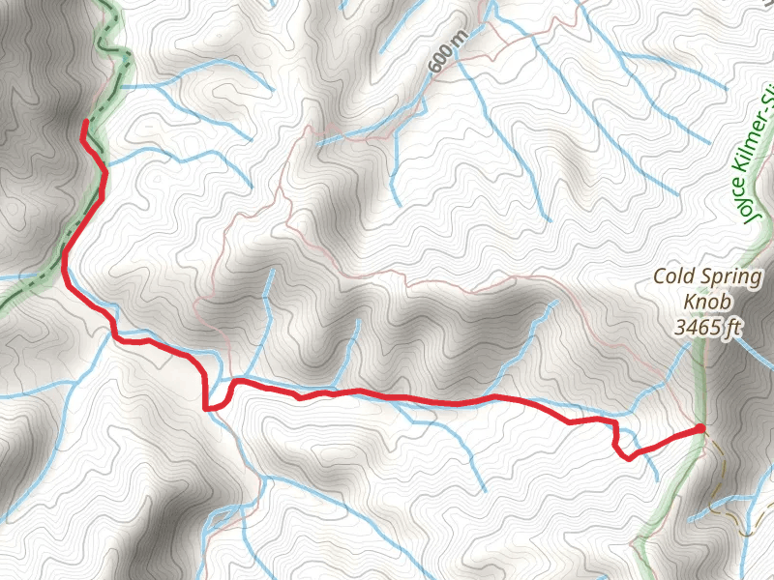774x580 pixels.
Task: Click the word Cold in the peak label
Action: pyautogui.click(x=673, y=276)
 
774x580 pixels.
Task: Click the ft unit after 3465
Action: pyautogui.click(x=732, y=328)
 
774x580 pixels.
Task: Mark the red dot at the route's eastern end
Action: pyautogui.click(x=700, y=428)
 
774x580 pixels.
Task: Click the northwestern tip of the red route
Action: pyautogui.click(x=84, y=122)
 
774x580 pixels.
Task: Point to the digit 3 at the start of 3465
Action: pyautogui.click(x=680, y=328)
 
